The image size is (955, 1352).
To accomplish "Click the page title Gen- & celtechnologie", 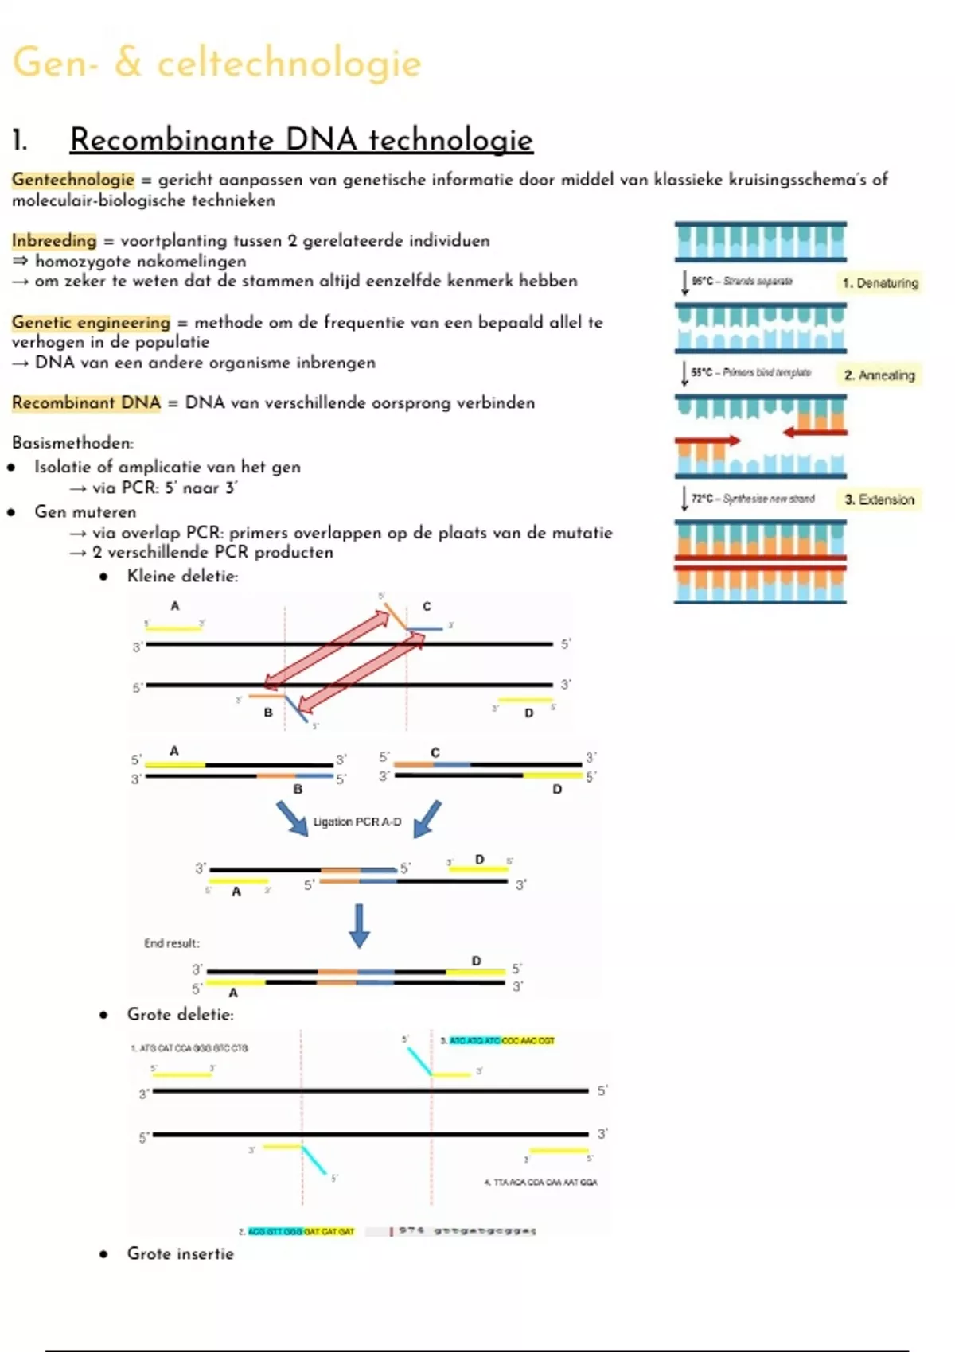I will pyautogui.click(x=216, y=63).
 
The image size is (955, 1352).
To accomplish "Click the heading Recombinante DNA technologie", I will pyautogui.click(x=301, y=140).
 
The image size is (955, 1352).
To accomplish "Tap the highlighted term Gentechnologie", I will pyautogui.click(x=72, y=180).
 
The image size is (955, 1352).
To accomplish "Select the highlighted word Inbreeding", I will pyautogui.click(x=54, y=240).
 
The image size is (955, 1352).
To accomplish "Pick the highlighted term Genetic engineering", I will pyautogui.click(x=91, y=322).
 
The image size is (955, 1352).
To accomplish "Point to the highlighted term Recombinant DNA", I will pyautogui.click(x=86, y=402).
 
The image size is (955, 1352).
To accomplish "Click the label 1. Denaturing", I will pyautogui.click(x=879, y=283).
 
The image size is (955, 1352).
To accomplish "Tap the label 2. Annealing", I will pyautogui.click(x=879, y=375).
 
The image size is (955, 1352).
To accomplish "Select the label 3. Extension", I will pyautogui.click(x=879, y=499).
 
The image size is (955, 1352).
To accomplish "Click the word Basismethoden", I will pyautogui.click(x=72, y=442).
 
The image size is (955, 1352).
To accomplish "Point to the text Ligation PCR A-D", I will pyautogui.click(x=357, y=822).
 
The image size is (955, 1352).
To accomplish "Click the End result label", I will pyautogui.click(x=171, y=943).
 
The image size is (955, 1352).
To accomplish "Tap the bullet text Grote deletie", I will pyautogui.click(x=180, y=1014).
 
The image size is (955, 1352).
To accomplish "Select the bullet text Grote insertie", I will pyautogui.click(x=180, y=1253).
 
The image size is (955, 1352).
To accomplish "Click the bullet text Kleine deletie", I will pyautogui.click(x=182, y=576).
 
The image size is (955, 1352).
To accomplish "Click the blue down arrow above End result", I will pyautogui.click(x=359, y=925).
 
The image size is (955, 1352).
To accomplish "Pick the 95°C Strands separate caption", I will pyautogui.click(x=742, y=281).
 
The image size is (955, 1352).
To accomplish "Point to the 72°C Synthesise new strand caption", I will pyautogui.click(x=752, y=499).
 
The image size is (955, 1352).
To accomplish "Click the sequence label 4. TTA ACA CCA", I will pyautogui.click(x=540, y=1182).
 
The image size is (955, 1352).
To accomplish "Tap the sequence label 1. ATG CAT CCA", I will pyautogui.click(x=189, y=1048).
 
